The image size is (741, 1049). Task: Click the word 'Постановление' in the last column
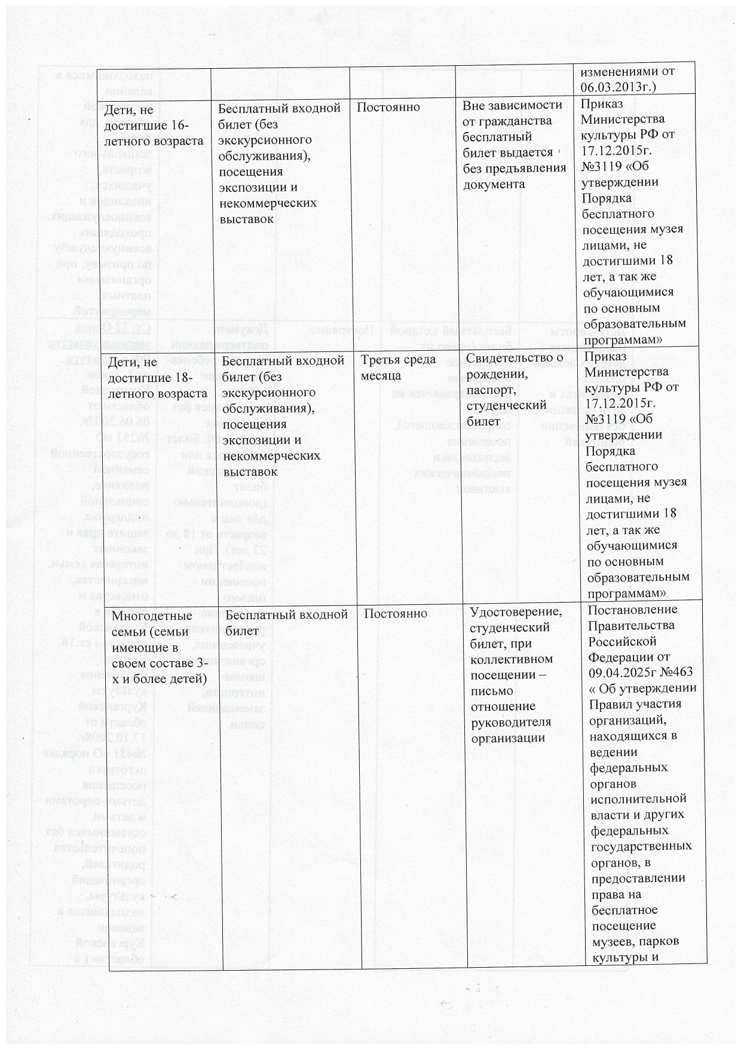633,610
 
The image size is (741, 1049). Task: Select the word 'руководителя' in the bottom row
510,721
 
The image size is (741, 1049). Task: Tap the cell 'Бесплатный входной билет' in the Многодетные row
287,622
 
